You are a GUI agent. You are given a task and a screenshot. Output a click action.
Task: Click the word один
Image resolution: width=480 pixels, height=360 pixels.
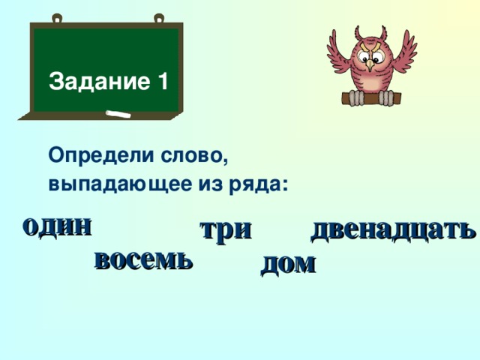(58, 225)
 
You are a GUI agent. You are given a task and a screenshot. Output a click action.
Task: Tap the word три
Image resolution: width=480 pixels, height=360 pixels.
(225, 229)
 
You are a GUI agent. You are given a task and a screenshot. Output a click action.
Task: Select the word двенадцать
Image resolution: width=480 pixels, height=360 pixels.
(392, 229)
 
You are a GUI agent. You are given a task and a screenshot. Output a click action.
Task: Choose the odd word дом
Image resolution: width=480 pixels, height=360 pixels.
(287, 263)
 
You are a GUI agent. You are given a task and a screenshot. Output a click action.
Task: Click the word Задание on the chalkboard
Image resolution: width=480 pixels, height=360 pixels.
(97, 81)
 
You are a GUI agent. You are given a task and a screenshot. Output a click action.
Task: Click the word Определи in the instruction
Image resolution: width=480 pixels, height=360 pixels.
(102, 157)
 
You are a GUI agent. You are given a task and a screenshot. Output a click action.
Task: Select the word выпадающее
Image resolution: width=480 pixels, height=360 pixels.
(109, 184)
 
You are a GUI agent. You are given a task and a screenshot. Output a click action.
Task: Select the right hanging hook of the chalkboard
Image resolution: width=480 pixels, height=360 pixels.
(158, 18)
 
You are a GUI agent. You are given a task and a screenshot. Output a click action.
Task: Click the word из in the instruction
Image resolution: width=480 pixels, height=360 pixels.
(216, 184)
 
